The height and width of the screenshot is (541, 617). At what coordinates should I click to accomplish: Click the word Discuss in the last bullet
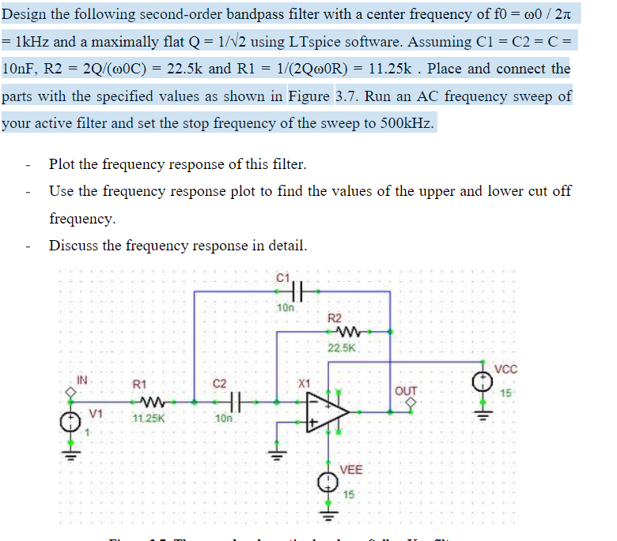(x=74, y=245)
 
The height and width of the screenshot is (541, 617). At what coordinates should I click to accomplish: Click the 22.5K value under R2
(x=343, y=348)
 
